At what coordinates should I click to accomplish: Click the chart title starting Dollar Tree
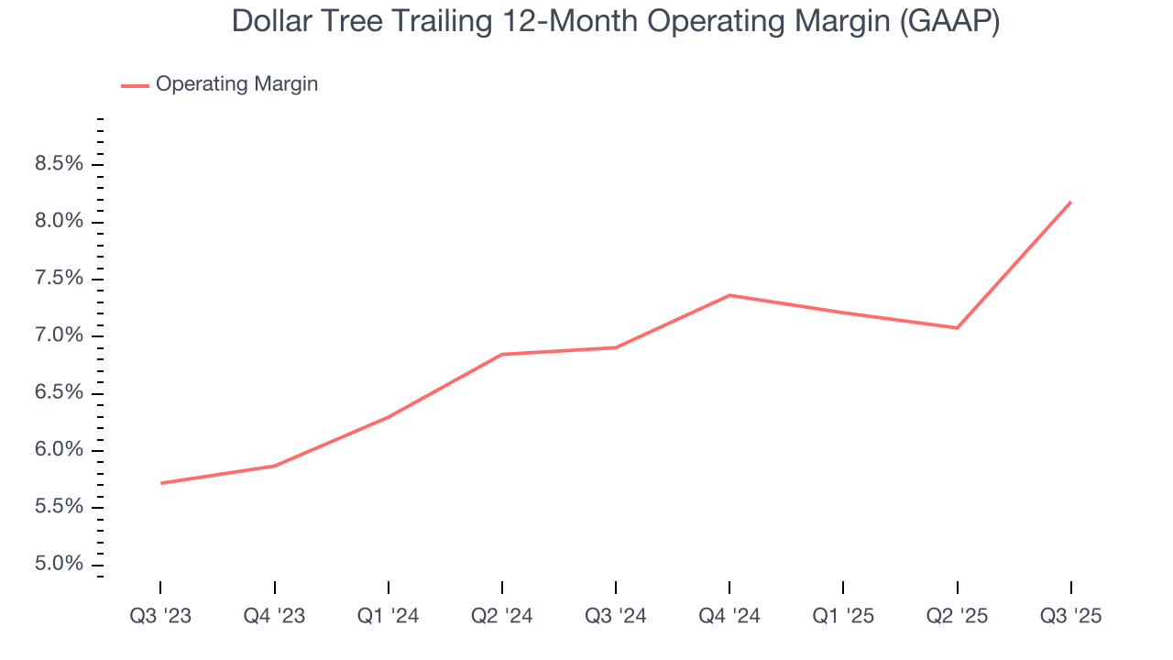(615, 21)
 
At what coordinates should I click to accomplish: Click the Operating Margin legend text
(236, 84)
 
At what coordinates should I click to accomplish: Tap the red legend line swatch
(135, 85)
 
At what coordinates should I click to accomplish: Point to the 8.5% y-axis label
(59, 165)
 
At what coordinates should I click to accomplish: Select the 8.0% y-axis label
(59, 222)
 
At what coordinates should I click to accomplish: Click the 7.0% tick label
(59, 336)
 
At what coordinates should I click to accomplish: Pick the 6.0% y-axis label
(59, 450)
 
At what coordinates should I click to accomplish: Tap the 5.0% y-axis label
(59, 565)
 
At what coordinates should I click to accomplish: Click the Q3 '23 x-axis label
(160, 617)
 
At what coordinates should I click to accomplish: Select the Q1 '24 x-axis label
(388, 617)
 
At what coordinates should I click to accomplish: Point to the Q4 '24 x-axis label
(729, 617)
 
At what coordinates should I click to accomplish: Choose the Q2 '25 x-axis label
(957, 617)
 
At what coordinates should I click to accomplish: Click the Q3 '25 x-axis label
(1070, 617)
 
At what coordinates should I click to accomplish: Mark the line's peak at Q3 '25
(1070, 203)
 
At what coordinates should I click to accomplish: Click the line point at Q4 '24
(729, 295)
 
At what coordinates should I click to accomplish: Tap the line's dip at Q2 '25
(957, 327)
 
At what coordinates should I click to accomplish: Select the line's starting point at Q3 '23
(161, 483)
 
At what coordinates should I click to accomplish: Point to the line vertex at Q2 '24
(502, 354)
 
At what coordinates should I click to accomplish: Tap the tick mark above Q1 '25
(843, 588)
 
